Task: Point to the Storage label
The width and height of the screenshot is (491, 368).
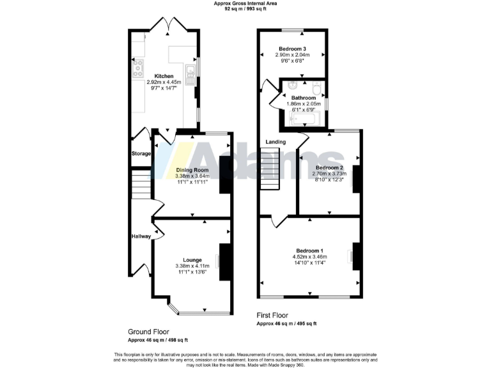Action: [141, 154]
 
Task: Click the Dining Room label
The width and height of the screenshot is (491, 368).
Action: [192, 171]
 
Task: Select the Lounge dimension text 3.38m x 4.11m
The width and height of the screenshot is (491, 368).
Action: [192, 266]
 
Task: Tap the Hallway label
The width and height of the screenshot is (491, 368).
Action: [141, 236]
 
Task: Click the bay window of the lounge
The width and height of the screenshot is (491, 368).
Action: [192, 312]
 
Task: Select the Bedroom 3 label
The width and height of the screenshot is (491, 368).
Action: [291, 49]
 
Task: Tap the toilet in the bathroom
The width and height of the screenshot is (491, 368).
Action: [317, 87]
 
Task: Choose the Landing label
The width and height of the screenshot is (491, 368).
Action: [276, 142]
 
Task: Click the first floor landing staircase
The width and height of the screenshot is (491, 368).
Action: [270, 169]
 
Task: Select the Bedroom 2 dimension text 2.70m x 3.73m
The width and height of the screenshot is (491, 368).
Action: [328, 173]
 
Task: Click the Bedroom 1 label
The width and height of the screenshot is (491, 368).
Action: [309, 250]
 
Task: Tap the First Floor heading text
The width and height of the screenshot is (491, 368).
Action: [272, 315]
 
